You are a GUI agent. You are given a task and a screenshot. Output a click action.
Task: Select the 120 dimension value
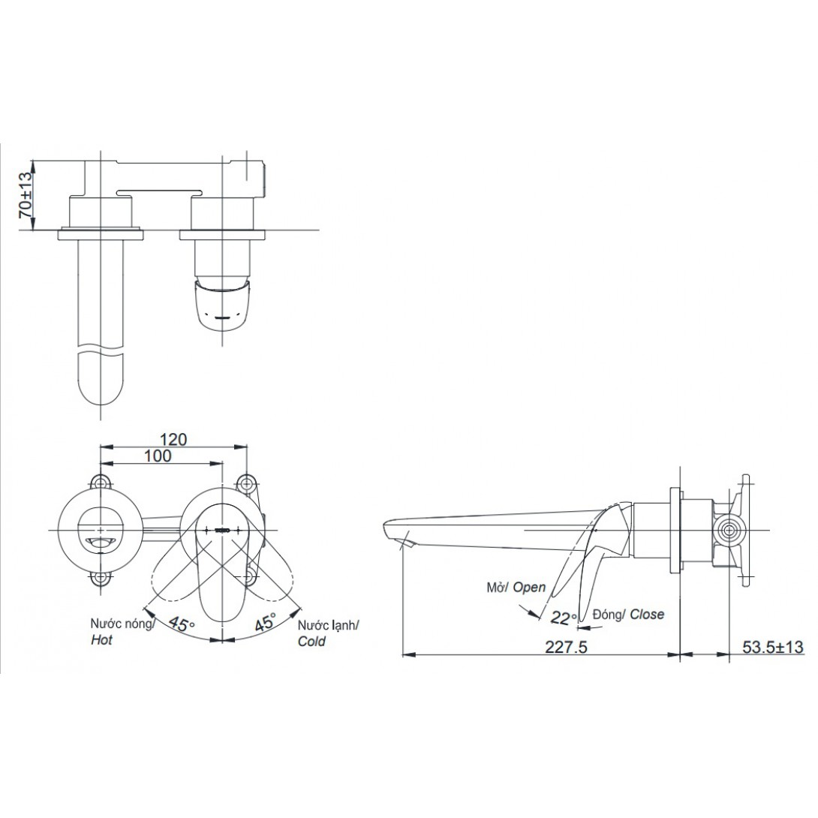point(173,439)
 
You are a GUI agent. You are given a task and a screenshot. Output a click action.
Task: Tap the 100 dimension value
point(158,456)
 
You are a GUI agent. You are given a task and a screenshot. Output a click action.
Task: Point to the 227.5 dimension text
point(566,647)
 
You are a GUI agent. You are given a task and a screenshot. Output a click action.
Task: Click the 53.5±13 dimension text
point(773,647)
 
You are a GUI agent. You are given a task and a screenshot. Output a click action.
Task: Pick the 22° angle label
point(564,618)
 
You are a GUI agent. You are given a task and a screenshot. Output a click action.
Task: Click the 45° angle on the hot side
point(181,623)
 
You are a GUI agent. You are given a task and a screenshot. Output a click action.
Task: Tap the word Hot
point(102,640)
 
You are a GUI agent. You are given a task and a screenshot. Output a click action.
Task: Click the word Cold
point(311,641)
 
